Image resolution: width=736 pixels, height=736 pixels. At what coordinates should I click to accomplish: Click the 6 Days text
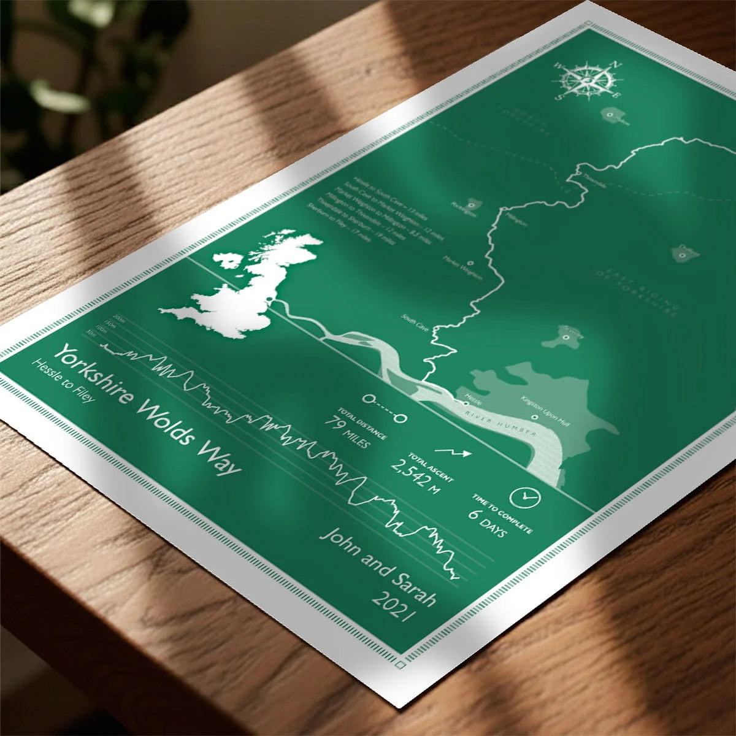[488, 523]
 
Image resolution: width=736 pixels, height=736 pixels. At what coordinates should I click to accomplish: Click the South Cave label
[415, 323]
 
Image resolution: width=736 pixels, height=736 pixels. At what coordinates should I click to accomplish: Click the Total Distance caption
[362, 423]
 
